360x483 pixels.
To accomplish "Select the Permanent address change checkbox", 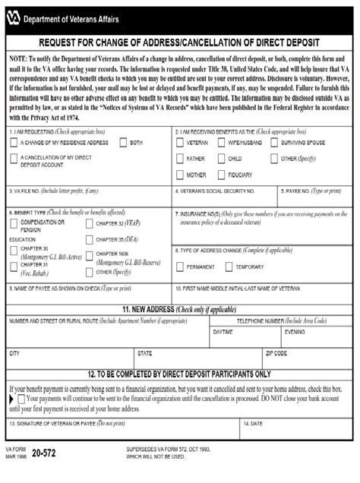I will pyautogui.click(x=180, y=267).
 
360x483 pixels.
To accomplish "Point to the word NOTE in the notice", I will pyautogui.click(x=19, y=58).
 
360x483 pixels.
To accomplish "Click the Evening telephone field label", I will pyautogui.click(x=294, y=333).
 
